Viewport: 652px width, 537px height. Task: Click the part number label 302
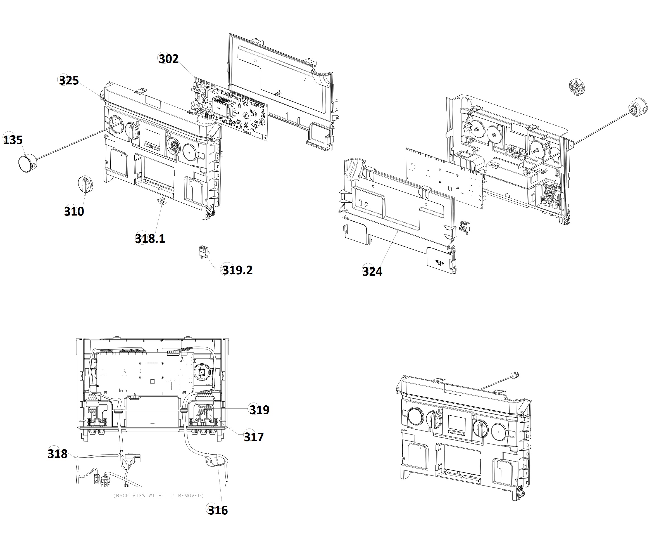point(168,59)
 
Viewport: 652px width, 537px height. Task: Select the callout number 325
point(69,81)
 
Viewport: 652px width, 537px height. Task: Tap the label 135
point(13,140)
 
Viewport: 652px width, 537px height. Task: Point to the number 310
point(74,212)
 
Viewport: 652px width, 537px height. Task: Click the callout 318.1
point(150,238)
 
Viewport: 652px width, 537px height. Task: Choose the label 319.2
point(237,270)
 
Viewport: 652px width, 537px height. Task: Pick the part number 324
point(372,272)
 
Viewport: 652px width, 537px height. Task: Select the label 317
point(253,437)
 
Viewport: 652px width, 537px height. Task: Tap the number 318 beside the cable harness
point(58,454)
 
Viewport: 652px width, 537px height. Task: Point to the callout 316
point(218,510)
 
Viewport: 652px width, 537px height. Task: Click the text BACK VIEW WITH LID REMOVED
point(159,496)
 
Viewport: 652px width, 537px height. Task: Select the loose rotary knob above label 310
point(85,184)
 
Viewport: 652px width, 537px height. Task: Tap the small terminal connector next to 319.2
point(204,251)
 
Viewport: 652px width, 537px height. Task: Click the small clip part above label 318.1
point(162,201)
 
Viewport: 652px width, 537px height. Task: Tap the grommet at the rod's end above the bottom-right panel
point(515,375)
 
